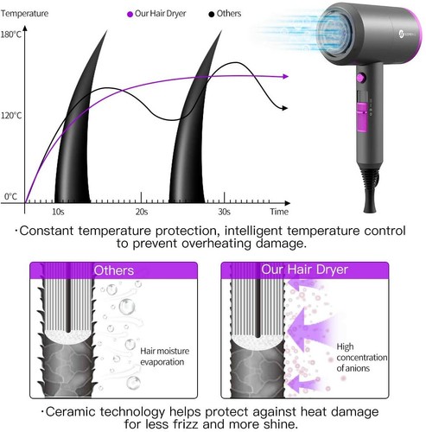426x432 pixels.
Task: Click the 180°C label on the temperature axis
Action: (x=11, y=35)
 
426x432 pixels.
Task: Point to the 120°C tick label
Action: (x=11, y=116)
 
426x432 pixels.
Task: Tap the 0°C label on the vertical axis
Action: (x=10, y=196)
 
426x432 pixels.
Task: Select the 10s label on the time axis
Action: (x=58, y=212)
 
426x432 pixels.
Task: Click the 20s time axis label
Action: (x=142, y=212)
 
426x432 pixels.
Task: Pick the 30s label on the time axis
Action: (x=224, y=212)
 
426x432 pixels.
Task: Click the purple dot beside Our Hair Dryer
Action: (x=130, y=14)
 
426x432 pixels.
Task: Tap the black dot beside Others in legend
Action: (x=212, y=14)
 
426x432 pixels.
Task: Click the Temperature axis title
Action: (x=24, y=13)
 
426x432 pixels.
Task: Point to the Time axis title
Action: (x=279, y=212)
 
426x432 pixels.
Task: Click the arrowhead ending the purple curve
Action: (x=286, y=76)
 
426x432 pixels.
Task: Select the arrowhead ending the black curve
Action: (x=285, y=108)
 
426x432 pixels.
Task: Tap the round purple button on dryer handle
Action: (x=361, y=78)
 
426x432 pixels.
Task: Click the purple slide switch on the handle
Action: (x=362, y=117)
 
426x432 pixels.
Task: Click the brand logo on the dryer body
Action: (x=402, y=34)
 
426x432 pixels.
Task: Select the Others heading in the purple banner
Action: (x=114, y=270)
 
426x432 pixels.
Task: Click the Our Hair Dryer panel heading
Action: (x=304, y=270)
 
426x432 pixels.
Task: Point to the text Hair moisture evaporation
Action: (x=165, y=356)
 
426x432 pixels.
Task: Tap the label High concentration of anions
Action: (x=362, y=357)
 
